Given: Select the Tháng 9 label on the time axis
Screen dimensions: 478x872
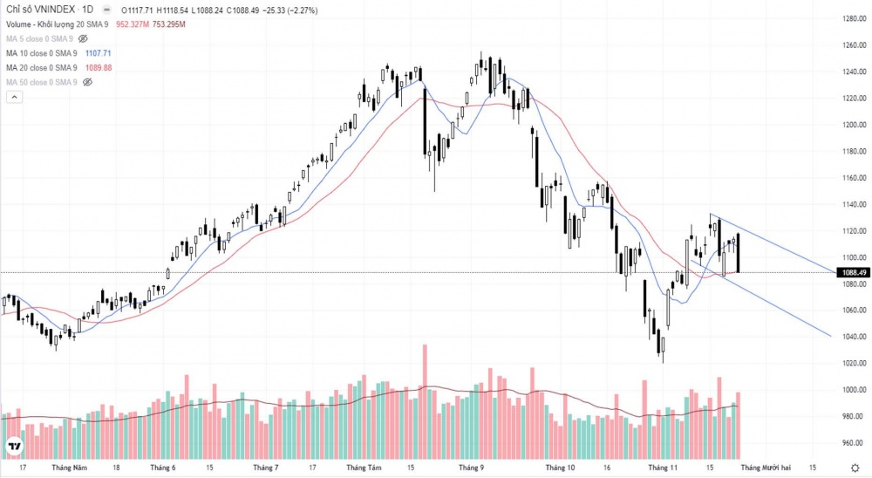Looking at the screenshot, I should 471,468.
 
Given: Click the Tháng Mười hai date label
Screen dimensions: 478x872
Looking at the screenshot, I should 766,468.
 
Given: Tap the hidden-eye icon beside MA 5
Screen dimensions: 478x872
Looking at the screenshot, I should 84,39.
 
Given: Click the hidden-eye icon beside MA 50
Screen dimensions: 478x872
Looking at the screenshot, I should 86,82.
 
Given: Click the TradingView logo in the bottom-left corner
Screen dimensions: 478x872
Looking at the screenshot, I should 14,447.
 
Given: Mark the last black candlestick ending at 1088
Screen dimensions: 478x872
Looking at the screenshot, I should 738,253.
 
